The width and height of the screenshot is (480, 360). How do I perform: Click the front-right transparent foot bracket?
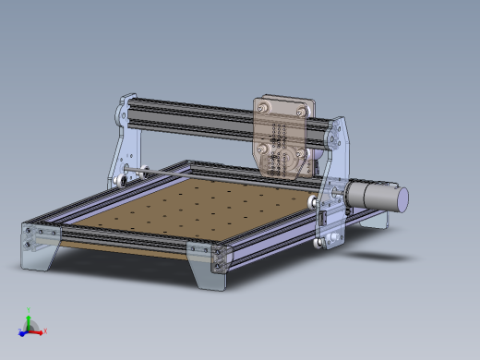pyautogui.click(x=210, y=266)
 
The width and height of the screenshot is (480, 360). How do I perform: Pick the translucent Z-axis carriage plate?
pyautogui.click(x=283, y=135)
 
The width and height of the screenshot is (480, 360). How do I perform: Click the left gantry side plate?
pyautogui.click(x=124, y=148)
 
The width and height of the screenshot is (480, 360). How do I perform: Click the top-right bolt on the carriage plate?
pyautogui.click(x=301, y=108)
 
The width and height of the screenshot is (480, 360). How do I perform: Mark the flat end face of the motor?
pyautogui.click(x=401, y=198)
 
